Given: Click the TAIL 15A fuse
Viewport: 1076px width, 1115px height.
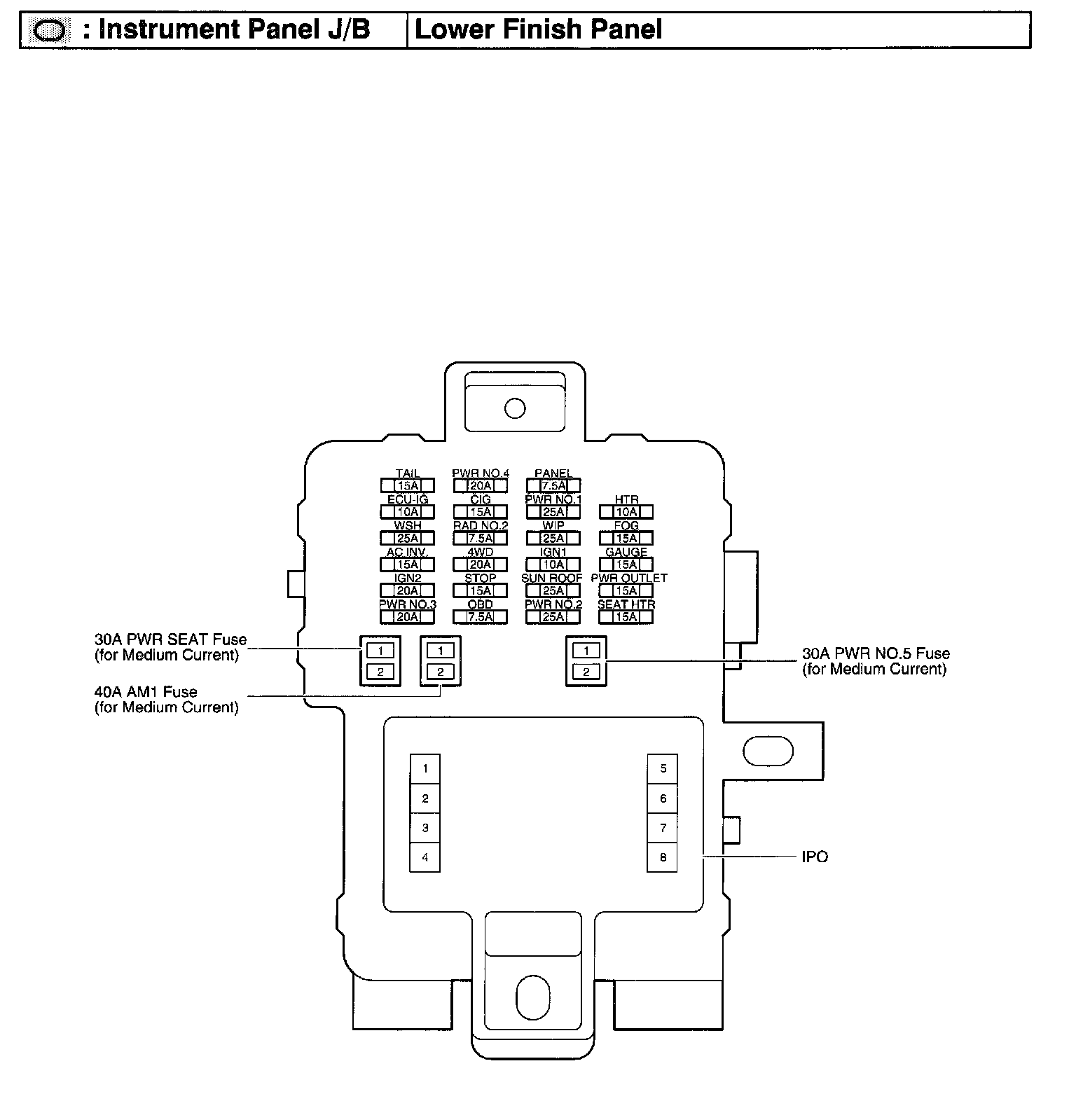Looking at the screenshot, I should coord(407,485).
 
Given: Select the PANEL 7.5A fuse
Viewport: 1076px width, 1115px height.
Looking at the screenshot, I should coord(553,485).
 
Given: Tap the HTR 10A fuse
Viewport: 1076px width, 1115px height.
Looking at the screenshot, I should coord(626,512).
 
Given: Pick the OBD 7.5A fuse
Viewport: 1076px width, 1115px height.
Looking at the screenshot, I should coord(480,617).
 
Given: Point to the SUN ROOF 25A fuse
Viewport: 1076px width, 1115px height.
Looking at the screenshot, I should coord(553,590).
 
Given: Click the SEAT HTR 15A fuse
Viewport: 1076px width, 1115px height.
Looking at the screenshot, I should coord(626,617).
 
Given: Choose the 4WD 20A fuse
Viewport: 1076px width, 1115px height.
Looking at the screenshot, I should coord(480,565).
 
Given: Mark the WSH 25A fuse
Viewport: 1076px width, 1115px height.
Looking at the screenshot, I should coord(407,538).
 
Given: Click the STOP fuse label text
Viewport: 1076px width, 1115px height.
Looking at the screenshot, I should coord(480,579).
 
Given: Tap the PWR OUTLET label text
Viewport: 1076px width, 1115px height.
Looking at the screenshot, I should coord(629,579).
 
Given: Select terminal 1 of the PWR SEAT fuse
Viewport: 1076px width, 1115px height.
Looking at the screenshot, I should coord(380,651).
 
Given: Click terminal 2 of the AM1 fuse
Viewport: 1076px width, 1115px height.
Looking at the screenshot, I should coord(440,672).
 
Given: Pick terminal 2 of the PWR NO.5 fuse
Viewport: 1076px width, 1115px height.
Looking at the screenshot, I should coord(586,672).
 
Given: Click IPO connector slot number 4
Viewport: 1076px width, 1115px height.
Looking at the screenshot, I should coord(425,857).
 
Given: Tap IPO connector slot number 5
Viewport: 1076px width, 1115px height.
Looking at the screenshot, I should coord(663,768).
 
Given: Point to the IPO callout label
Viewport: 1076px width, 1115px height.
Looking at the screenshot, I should coord(815,857).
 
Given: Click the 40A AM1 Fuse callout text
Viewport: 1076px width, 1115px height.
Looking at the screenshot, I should coord(146,692).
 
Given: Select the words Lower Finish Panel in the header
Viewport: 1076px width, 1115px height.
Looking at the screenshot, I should coord(538,30).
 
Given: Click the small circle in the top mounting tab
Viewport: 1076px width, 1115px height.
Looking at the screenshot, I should coord(515,408).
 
